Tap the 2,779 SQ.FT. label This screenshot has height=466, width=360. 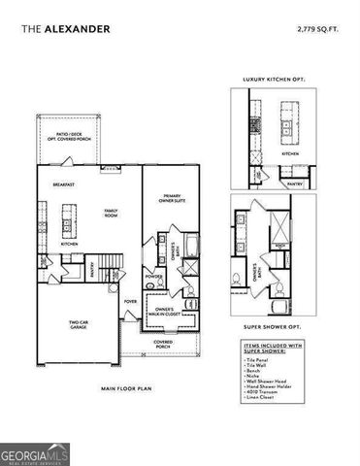tap(317, 28)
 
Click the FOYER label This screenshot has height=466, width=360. tap(129, 301)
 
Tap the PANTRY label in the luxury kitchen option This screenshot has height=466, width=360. tap(296, 181)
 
